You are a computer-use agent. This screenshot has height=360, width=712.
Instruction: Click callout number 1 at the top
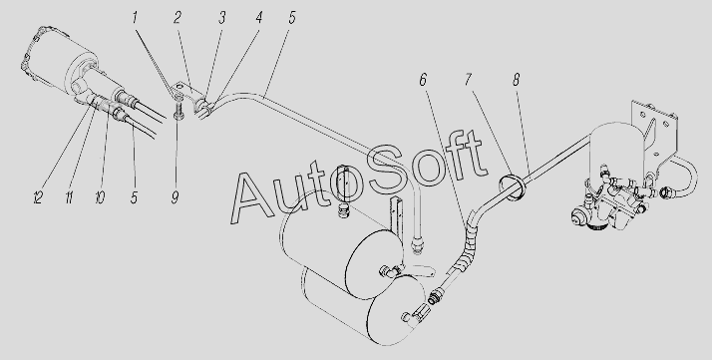click(x=135, y=18)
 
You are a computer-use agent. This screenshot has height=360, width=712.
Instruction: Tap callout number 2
click(x=178, y=18)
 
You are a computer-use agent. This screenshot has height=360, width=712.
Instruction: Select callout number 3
click(x=221, y=19)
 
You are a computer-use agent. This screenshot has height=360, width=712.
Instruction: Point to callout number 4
click(x=259, y=19)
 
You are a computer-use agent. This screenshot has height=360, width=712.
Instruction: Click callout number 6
click(x=423, y=81)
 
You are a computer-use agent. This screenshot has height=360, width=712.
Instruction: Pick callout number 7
click(x=468, y=80)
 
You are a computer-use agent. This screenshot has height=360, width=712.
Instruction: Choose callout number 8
click(x=516, y=80)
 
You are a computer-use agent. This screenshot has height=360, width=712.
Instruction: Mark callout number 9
click(x=176, y=197)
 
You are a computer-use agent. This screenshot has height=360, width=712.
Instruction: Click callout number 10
click(x=101, y=197)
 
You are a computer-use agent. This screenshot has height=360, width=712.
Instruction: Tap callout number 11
click(x=69, y=197)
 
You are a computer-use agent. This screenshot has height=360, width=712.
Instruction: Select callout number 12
click(x=38, y=197)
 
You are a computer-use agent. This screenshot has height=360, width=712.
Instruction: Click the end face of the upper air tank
click(x=374, y=263)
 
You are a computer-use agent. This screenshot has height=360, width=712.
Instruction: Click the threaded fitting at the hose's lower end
click(x=435, y=297)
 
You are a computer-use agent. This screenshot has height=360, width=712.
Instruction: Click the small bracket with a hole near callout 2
click(x=186, y=92)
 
